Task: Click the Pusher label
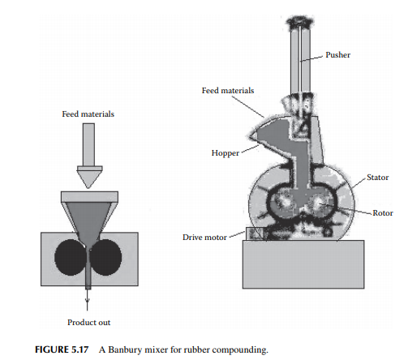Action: tap(337, 55)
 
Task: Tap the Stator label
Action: tap(377, 178)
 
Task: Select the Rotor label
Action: tap(383, 213)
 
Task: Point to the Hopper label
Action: tap(225, 153)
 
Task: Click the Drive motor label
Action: tap(204, 238)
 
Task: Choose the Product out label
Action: tap(88, 323)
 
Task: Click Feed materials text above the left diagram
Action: tap(88, 114)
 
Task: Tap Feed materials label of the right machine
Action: tap(228, 91)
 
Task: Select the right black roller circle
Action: tap(105, 257)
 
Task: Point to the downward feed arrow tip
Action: tap(88, 188)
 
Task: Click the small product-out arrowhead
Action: tap(88, 300)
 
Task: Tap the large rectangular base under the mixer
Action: tap(303, 264)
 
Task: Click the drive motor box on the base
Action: tap(256, 234)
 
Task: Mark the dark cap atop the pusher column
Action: tap(300, 22)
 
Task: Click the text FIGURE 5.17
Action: tap(62, 349)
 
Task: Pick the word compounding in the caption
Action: tap(240, 350)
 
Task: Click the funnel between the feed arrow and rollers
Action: tap(89, 216)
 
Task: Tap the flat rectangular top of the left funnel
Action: tap(89, 197)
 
